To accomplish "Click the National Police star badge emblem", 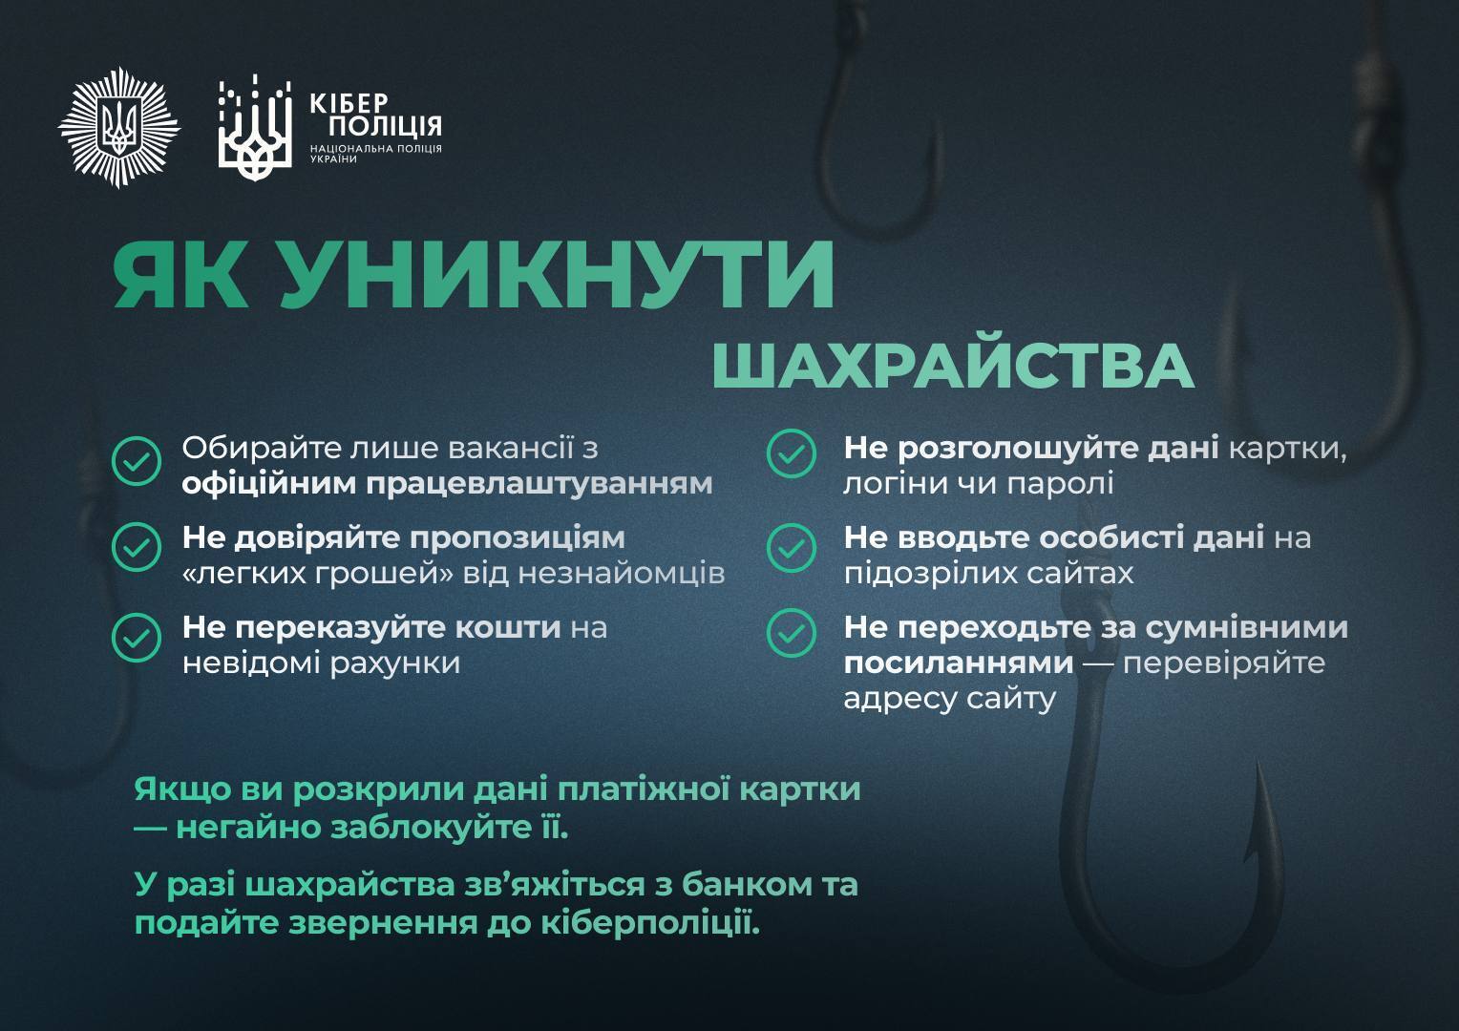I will [x=118, y=127].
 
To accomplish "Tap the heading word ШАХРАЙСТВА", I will [x=953, y=366].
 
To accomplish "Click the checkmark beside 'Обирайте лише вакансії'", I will [x=136, y=462].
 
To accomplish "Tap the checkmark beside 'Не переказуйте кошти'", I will [x=136, y=637].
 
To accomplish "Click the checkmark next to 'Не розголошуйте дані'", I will [x=791, y=452].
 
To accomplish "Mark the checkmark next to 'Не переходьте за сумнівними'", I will [x=791, y=633].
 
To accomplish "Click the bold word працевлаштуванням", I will [x=539, y=484].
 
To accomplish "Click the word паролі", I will [x=1065, y=483].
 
